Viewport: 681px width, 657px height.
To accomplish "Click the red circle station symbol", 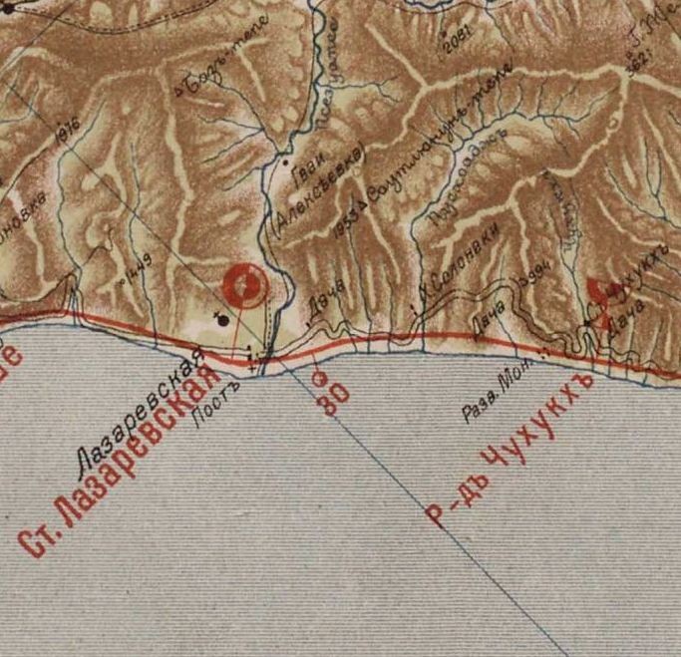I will (245, 286).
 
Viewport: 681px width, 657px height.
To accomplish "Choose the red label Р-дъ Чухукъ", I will (509, 449).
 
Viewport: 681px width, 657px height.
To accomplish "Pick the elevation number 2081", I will (462, 38).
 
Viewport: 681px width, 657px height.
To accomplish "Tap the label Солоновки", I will (462, 256).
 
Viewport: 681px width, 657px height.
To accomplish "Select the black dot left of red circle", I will (222, 319).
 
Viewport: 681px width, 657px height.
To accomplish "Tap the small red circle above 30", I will (319, 377).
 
